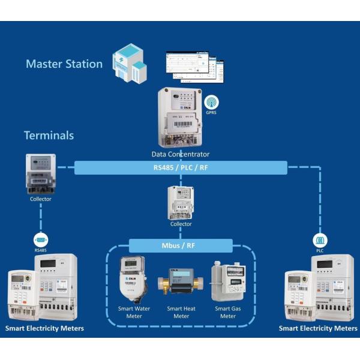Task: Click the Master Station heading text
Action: click(64, 64)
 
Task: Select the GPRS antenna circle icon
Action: click(212, 103)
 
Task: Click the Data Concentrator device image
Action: click(179, 117)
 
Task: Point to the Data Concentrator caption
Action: click(180, 154)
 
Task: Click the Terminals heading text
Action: click(49, 135)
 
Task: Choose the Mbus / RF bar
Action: click(181, 245)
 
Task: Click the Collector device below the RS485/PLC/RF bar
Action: click(181, 202)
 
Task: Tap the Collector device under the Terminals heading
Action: click(41, 173)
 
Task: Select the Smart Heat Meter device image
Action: click(181, 284)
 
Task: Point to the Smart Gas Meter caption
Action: click(227, 313)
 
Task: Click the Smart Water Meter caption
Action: click(134, 313)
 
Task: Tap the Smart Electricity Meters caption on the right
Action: click(318, 328)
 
